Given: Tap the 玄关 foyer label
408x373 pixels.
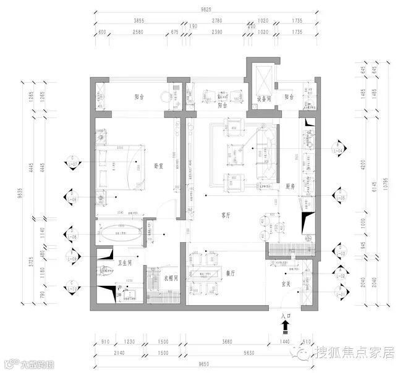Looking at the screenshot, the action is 286,284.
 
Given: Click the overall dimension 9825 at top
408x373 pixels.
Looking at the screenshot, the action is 205,10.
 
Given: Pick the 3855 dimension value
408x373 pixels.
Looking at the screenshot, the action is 139,21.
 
